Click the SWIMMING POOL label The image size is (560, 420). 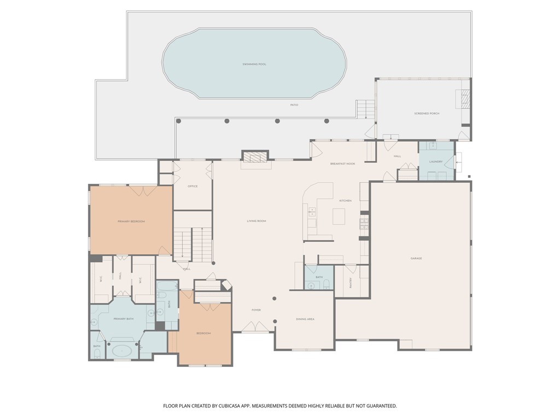coord(254,64)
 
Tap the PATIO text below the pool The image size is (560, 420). coord(294,104)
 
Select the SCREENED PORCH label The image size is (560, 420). coord(427,113)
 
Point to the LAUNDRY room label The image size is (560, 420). coord(436,161)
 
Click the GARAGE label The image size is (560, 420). coord(416,258)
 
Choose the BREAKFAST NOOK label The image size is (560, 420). coord(343,164)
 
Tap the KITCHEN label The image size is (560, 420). coord(345,201)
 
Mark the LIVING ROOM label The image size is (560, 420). coord(256,220)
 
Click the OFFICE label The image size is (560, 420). coord(192,186)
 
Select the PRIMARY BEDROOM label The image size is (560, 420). coord(131,221)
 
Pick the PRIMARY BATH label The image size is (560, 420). coord(123,318)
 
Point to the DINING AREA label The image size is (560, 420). coord(305,319)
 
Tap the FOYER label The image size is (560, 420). coord(256,310)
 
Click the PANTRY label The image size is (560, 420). coord(351,283)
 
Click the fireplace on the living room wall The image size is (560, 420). coord(256,157)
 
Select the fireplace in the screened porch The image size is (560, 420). coord(464,99)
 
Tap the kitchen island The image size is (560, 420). coord(339,217)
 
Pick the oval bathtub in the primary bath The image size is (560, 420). coord(121,351)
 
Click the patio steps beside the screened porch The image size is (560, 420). coord(365,109)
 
